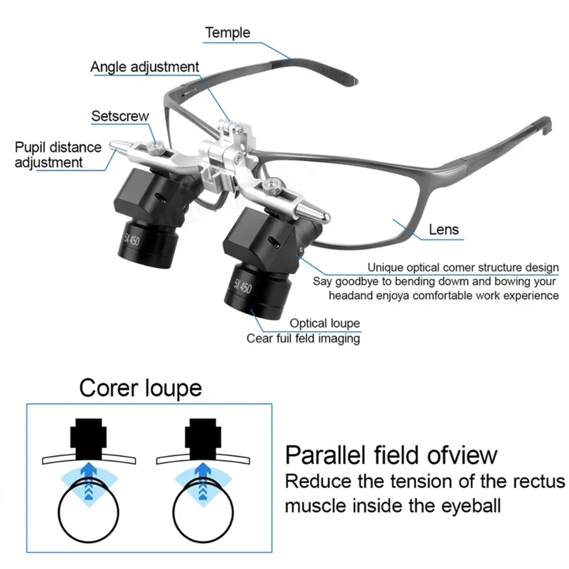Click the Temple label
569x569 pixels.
(x=228, y=33)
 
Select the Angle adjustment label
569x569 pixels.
(x=144, y=67)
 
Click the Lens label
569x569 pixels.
(x=444, y=230)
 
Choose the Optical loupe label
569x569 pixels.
(x=324, y=324)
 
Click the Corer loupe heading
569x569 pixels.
(x=140, y=388)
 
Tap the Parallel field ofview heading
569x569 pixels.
(x=391, y=455)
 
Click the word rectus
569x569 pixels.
(x=536, y=481)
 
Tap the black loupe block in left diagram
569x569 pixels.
(x=88, y=437)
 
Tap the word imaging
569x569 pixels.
(x=338, y=339)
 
